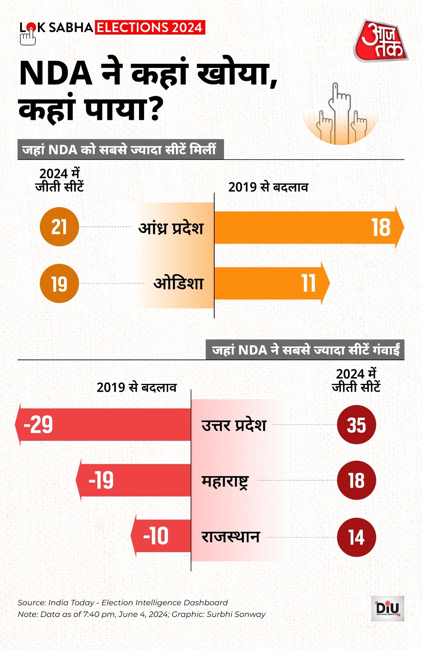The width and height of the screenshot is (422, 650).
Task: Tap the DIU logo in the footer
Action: [x=388, y=608]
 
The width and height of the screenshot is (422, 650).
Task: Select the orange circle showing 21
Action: [x=59, y=227]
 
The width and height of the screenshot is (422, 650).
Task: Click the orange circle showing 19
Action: [x=59, y=284]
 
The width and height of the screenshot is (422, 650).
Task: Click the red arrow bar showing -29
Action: [x=103, y=425]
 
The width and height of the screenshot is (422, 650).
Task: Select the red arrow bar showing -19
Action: [x=134, y=480]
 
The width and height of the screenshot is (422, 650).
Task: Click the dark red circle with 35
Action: [x=356, y=425]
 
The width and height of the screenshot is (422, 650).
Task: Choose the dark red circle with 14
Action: [x=356, y=537]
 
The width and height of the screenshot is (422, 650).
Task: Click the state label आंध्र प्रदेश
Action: [x=171, y=228]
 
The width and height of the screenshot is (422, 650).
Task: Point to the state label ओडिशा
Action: [x=179, y=283]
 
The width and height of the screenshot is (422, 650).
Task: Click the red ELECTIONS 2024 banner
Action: [x=150, y=27]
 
